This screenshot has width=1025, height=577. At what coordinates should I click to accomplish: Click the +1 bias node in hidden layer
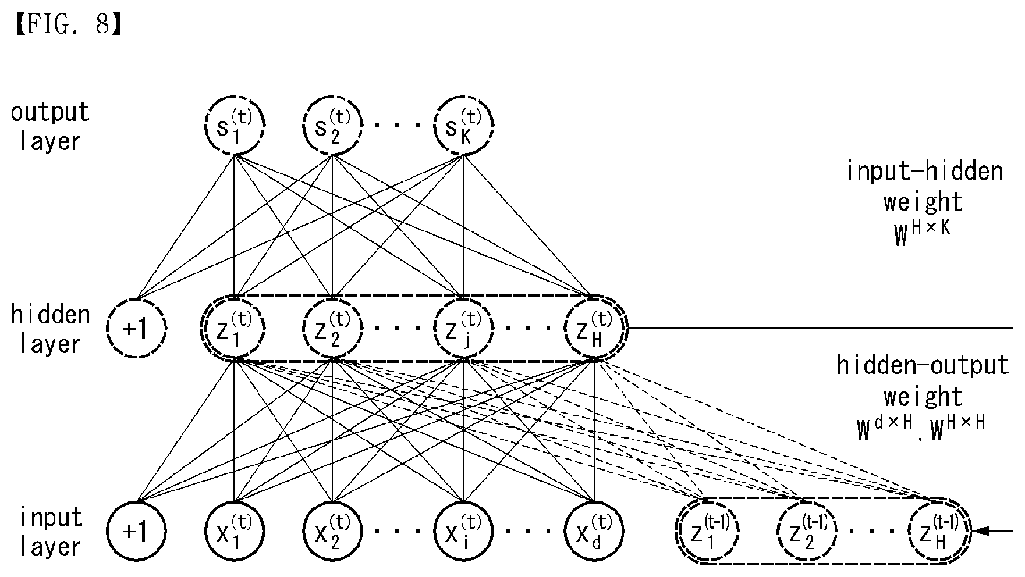[x=137, y=328]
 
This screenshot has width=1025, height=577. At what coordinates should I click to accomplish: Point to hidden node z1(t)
[x=234, y=328]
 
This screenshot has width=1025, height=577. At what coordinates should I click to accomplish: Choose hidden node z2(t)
[x=332, y=328]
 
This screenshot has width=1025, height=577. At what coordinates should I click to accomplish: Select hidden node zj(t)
[x=463, y=328]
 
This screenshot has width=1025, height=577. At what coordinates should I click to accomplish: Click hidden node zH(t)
[x=594, y=328]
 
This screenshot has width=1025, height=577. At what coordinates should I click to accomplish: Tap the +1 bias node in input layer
[x=137, y=531]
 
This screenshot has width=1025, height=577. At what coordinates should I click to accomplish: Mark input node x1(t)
[x=234, y=531]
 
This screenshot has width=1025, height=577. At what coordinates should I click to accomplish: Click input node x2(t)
[x=332, y=531]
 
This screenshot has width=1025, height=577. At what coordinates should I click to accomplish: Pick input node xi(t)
[x=463, y=531]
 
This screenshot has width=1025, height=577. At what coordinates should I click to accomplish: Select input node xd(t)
[x=594, y=531]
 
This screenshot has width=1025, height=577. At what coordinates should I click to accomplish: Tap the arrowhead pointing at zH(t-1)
[x=978, y=531]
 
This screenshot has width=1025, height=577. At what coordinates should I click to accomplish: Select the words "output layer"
[x=50, y=126]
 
